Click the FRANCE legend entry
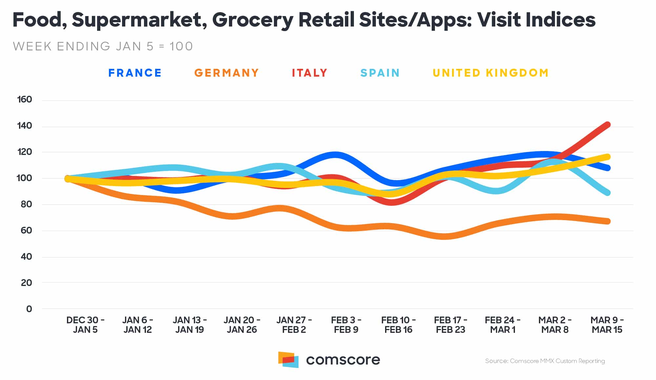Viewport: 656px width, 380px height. pyautogui.click(x=135, y=73)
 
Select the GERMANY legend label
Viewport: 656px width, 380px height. pyautogui.click(x=226, y=73)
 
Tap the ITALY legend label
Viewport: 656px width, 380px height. pyautogui.click(x=310, y=73)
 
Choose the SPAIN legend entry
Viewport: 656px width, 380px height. pyautogui.click(x=380, y=73)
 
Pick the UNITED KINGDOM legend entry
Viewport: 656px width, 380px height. pyautogui.click(x=491, y=73)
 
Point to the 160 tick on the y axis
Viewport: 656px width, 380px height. pyautogui.click(x=25, y=100)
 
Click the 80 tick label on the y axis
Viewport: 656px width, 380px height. pyautogui.click(x=26, y=204)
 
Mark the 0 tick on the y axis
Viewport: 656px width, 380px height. pyautogui.click(x=29, y=309)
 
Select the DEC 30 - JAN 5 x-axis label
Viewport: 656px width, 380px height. pyautogui.click(x=85, y=325)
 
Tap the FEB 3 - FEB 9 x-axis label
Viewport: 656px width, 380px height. pyautogui.click(x=346, y=325)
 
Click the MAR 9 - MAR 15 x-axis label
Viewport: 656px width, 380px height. pyautogui.click(x=607, y=325)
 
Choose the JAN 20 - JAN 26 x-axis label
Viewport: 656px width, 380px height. pyautogui.click(x=242, y=325)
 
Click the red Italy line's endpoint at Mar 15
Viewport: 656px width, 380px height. pyautogui.click(x=607, y=125)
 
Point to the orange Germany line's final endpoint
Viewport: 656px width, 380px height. pyautogui.click(x=607, y=221)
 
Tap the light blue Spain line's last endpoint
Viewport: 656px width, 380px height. pyautogui.click(x=607, y=193)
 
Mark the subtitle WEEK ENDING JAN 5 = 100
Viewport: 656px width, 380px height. pyautogui.click(x=103, y=46)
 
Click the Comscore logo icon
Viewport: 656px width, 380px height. pyautogui.click(x=288, y=360)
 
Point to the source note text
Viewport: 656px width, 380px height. pyautogui.click(x=545, y=361)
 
